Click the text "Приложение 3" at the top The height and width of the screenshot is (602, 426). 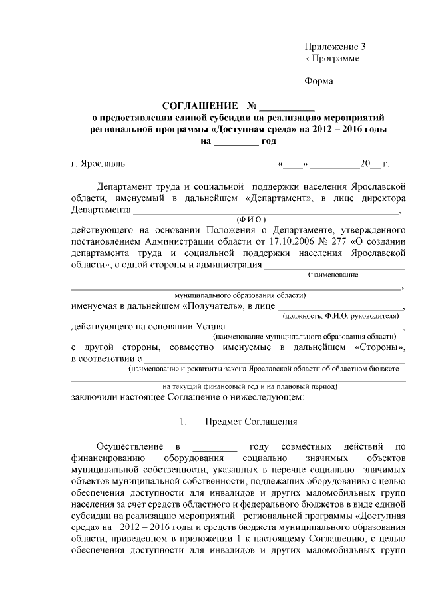tap(335, 47)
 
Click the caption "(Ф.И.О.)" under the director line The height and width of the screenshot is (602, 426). tap(251, 218)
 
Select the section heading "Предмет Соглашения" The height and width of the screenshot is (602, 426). tap(246, 422)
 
